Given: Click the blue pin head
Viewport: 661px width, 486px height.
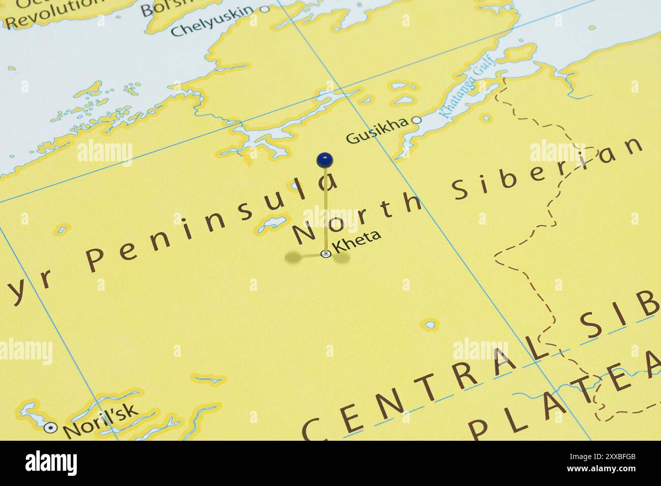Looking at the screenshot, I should pos(324,160).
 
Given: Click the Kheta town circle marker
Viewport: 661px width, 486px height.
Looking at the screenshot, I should pos(325,254).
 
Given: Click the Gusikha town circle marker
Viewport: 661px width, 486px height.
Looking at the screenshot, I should pos(416,120).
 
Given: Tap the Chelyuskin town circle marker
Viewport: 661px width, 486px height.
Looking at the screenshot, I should pos(264,9).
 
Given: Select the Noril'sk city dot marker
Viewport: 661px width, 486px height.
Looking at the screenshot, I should pos(50,428).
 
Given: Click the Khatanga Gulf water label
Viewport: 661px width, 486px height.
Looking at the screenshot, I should pos(460,92).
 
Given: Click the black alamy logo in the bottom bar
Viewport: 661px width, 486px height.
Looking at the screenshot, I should pos(51,463).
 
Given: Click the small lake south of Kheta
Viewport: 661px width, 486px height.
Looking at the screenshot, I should pos(430,324).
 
